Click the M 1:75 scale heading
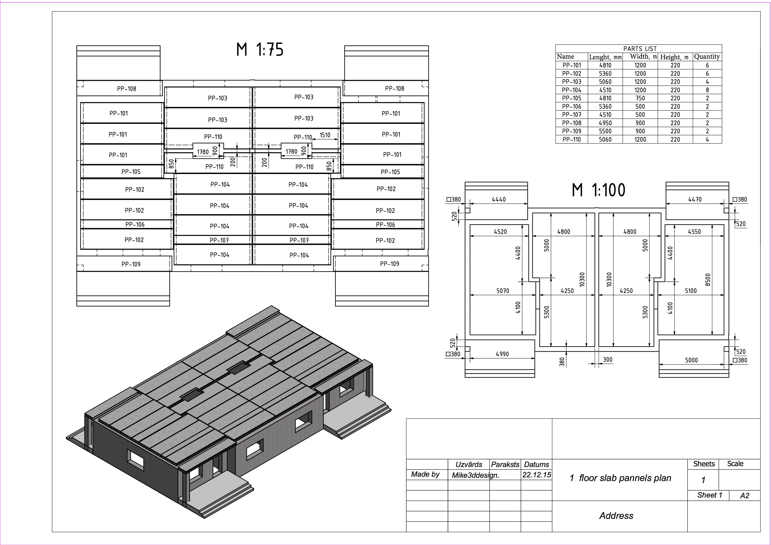[x=260, y=50]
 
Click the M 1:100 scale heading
[x=598, y=190]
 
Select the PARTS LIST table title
[x=640, y=49]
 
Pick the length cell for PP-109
[x=605, y=131]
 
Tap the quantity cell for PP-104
[x=707, y=90]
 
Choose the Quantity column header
[x=707, y=57]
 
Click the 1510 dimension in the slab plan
[x=325, y=135]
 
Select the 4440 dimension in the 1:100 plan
[x=499, y=199]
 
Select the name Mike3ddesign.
[x=475, y=475]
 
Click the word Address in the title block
[x=616, y=516]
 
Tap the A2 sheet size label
[x=744, y=496]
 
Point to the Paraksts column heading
[x=505, y=464]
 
